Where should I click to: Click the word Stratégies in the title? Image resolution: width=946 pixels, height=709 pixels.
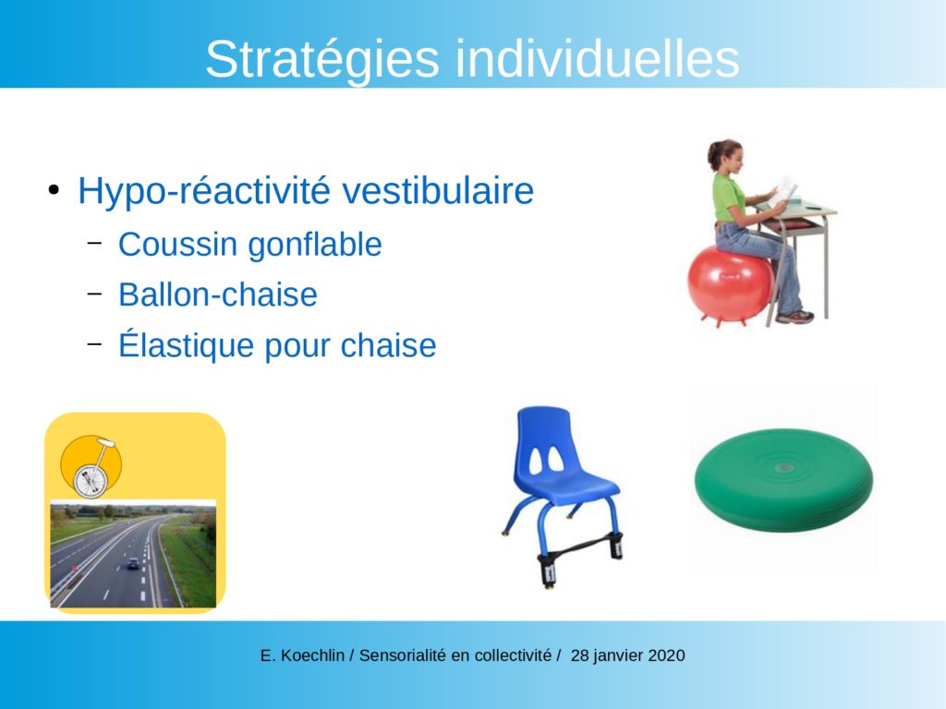[322, 60]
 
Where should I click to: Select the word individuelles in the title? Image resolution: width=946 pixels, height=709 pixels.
[598, 58]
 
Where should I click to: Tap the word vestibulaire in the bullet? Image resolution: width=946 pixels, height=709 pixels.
[437, 190]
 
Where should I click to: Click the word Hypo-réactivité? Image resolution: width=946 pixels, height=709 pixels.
[204, 192]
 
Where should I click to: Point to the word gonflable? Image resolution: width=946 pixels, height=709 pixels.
[315, 245]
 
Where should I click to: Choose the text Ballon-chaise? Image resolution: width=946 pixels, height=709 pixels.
[218, 294]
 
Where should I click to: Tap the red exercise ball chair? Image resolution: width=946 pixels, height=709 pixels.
[731, 284]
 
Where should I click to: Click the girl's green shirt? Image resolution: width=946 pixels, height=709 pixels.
[728, 197]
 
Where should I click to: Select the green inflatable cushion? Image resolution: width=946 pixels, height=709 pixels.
[783, 480]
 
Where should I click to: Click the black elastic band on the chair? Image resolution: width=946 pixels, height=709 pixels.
[580, 547]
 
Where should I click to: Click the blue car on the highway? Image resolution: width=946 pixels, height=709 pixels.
[133, 564]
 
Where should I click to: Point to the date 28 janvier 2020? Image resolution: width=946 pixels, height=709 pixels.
[627, 655]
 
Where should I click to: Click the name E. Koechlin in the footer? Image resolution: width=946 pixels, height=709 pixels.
[302, 655]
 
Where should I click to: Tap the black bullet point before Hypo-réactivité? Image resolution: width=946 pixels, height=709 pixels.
[54, 190]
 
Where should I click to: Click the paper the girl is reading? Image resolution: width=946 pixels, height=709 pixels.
[783, 191]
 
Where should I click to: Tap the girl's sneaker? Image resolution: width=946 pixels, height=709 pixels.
[795, 318]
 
